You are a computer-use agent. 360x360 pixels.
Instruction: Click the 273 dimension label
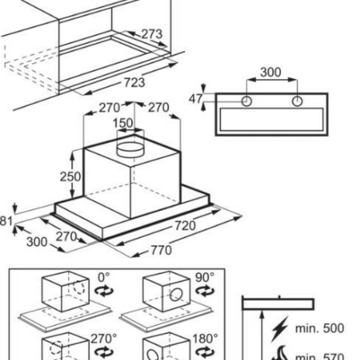tap(151, 34)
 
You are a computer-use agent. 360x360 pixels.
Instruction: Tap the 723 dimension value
tap(134, 82)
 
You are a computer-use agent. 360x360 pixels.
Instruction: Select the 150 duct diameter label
tap(122, 123)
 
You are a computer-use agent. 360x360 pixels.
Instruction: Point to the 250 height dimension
tap(70, 177)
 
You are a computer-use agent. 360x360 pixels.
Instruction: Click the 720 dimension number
tap(185, 226)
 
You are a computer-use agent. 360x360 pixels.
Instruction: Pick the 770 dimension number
tap(162, 250)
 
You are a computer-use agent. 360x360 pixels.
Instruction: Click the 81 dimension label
tap(6, 221)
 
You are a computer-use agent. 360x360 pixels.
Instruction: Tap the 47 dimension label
tap(196, 99)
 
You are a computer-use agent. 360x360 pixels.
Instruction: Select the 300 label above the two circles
tap(270, 72)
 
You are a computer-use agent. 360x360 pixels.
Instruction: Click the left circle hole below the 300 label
tap(246, 102)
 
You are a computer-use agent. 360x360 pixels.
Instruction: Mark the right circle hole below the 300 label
tap(297, 102)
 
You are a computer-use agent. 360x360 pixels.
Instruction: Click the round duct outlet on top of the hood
tap(130, 150)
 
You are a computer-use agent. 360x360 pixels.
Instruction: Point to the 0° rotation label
tap(103, 278)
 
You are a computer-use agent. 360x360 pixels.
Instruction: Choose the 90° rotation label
tap(205, 278)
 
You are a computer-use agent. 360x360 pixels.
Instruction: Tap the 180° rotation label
tap(205, 338)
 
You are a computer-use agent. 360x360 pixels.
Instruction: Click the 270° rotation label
tap(104, 338)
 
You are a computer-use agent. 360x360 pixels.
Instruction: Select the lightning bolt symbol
tap(280, 329)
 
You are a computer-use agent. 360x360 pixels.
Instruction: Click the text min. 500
tap(319, 328)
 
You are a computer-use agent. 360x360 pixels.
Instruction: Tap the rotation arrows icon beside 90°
tap(205, 290)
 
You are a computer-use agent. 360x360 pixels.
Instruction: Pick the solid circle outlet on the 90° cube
tap(176, 294)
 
